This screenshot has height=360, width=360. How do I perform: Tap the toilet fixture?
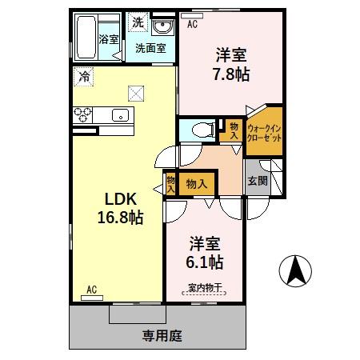tap(201, 128)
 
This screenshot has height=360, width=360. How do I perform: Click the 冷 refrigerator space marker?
tap(83, 77)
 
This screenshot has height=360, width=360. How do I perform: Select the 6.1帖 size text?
tap(206, 262)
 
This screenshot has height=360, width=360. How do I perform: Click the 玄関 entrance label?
tap(257, 180)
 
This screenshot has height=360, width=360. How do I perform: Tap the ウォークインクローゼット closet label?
tap(264, 131)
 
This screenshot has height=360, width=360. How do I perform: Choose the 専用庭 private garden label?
tap(159, 335)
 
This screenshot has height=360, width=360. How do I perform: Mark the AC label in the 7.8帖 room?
tap(192, 24)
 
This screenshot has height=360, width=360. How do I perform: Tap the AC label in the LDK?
tap(90, 290)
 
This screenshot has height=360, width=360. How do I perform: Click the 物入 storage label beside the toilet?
tap(233, 130)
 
